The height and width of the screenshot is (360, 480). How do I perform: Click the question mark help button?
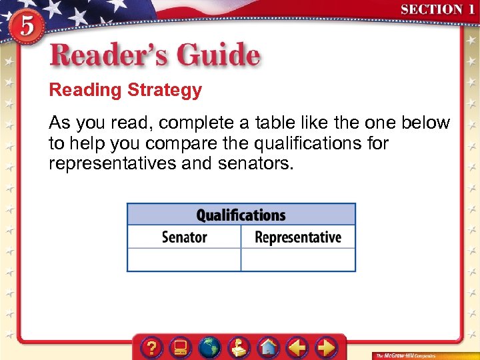[x=153, y=347]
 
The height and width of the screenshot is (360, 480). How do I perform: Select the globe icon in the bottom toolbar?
[x=210, y=347]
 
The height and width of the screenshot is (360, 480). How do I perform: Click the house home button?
[x=268, y=347]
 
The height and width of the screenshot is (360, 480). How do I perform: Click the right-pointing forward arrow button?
[x=325, y=347]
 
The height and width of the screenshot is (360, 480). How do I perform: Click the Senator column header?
[x=184, y=237]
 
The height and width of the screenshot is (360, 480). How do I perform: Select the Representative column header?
[x=298, y=237]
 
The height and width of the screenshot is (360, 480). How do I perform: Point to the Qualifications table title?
[x=241, y=215]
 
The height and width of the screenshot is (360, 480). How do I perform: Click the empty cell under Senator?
[x=184, y=259]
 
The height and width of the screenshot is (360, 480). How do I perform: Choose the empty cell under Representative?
[x=298, y=259]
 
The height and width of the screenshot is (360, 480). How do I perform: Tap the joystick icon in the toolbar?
[x=239, y=347]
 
